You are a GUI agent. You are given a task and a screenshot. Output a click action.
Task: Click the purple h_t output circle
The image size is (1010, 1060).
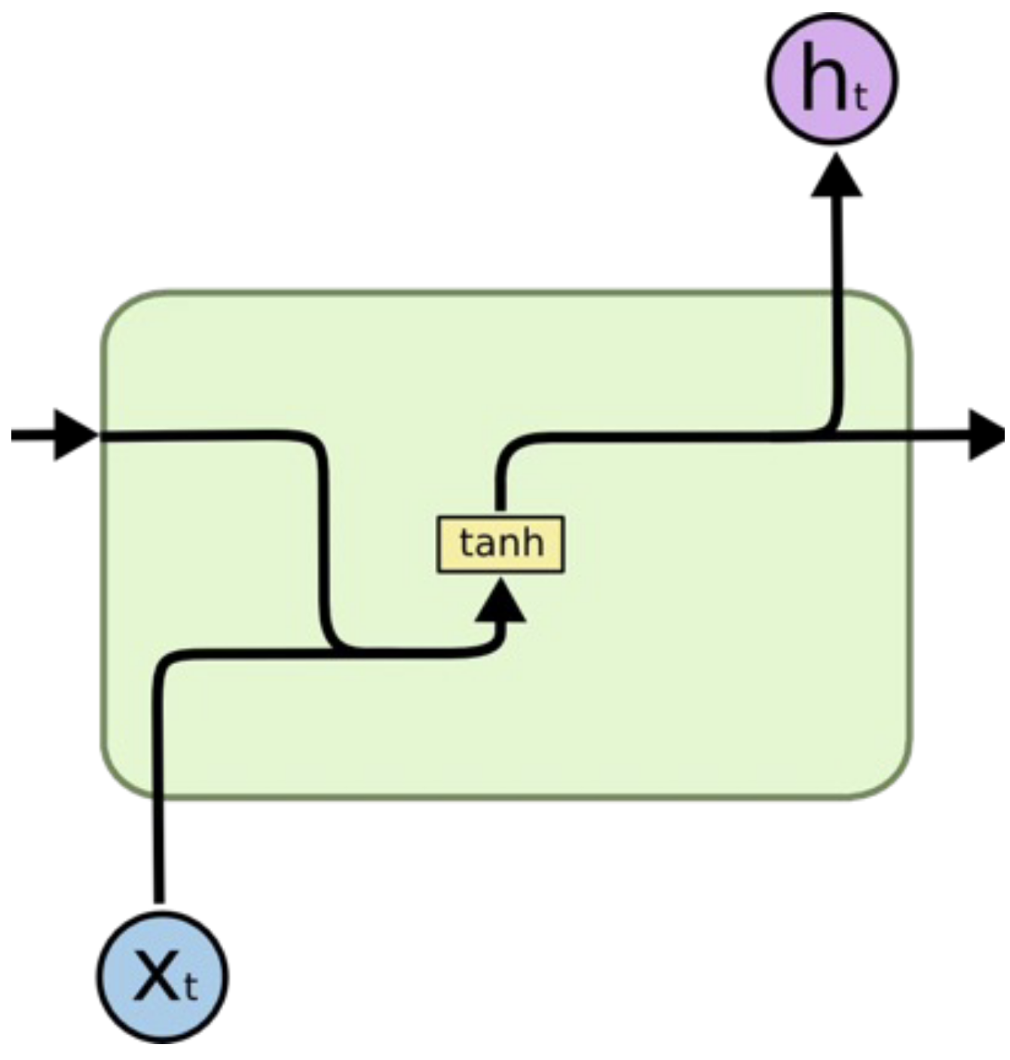(832, 78)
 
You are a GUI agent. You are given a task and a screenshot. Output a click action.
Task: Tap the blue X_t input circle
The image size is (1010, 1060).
(162, 977)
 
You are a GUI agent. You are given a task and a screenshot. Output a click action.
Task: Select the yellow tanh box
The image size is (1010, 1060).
(500, 544)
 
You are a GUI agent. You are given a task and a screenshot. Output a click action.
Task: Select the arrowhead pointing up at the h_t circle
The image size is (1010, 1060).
(836, 177)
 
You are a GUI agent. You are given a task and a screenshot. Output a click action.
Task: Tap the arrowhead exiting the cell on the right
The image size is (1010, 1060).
(986, 435)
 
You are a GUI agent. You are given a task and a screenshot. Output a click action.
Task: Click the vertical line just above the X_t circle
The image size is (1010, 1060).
(158, 852)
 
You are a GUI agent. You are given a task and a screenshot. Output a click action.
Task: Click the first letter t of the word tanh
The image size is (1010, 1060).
(465, 544)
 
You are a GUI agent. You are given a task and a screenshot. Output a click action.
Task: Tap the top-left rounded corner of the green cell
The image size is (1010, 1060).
(121, 309)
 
